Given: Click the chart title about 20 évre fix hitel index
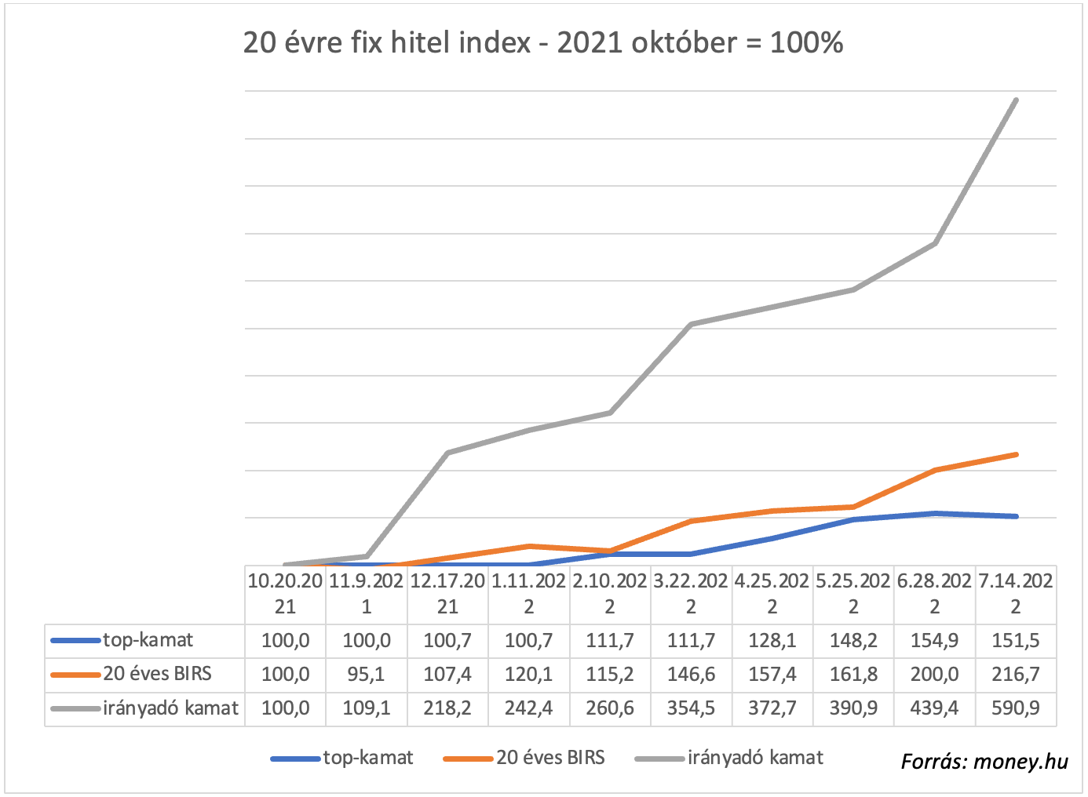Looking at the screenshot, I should [543, 42].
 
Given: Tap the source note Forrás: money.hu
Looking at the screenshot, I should [984, 761].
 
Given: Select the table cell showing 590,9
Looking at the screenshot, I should [1016, 708].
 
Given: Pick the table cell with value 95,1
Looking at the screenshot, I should [367, 675].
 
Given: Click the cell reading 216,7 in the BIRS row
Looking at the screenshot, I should [1016, 675].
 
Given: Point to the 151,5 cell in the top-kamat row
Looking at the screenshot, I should [1016, 641].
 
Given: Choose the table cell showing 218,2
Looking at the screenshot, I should [447, 708].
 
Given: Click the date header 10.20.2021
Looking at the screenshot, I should [286, 594].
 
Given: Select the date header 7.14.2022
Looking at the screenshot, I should [1016, 594].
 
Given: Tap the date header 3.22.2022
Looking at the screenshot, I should [691, 594].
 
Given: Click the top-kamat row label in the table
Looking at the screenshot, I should [148, 640].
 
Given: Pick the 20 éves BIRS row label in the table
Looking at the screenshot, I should [157, 674].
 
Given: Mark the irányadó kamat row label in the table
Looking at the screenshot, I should [170, 708].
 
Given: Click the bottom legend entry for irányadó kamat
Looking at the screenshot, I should [755, 758].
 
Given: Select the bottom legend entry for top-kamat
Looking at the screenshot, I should [367, 758].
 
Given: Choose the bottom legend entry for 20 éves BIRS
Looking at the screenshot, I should [550, 758].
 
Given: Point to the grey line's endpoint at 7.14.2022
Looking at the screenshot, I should [1017, 100].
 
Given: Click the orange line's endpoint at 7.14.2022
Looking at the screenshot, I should [1017, 454].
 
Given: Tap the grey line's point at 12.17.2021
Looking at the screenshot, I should [447, 453].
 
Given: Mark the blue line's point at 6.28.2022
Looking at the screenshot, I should [935, 513].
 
